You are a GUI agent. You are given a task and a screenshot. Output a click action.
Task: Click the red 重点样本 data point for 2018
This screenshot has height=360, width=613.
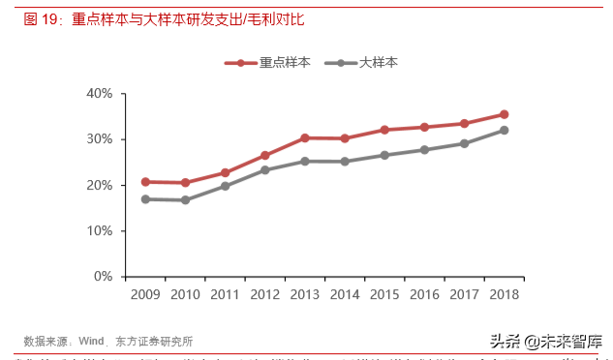click(504, 114)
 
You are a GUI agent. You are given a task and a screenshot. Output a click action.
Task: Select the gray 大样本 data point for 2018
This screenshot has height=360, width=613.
click(504, 131)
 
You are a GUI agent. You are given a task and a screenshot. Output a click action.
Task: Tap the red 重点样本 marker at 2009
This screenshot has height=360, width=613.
click(145, 182)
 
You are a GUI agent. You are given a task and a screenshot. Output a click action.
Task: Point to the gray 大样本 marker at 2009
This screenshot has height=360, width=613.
click(145, 199)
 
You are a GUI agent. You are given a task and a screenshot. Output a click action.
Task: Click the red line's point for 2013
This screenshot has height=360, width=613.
click(304, 138)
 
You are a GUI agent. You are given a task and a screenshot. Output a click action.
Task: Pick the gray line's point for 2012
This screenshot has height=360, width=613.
click(264, 170)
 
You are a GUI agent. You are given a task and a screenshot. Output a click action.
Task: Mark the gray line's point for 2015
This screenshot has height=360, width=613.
click(384, 155)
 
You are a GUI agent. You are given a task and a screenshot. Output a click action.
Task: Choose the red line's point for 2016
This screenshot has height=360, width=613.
click(424, 127)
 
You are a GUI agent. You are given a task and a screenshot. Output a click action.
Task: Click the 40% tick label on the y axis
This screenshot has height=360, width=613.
click(100, 94)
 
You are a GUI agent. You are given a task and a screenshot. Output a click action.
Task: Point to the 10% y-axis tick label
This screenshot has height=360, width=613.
click(100, 231)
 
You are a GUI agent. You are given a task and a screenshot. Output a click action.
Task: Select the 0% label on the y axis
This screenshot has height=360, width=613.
click(104, 277)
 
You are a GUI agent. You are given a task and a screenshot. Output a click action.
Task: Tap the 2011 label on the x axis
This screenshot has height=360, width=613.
click(225, 294)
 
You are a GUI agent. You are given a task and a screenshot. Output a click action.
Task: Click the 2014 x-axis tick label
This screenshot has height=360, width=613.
click(344, 294)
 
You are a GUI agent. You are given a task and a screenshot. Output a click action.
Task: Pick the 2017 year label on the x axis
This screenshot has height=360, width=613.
click(464, 294)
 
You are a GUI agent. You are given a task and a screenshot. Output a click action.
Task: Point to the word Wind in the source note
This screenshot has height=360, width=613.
click(91, 341)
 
